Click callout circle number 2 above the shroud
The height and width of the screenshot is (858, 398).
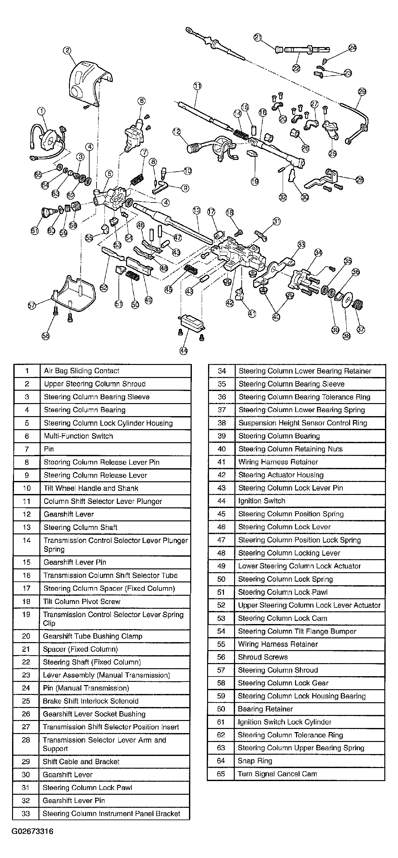67,50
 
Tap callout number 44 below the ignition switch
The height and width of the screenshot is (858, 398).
183,350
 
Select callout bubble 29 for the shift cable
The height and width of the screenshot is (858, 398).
362,92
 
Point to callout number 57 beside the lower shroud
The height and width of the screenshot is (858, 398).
32,305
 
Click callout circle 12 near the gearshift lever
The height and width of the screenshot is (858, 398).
176,132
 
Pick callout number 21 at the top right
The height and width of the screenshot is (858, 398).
258,38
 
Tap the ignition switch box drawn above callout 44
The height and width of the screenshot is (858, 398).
191,322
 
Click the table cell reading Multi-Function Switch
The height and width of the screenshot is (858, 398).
78,436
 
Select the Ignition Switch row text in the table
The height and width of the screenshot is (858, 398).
261,501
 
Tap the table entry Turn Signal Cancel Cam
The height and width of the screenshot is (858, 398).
277,774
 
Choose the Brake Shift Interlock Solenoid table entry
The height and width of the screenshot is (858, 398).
91,701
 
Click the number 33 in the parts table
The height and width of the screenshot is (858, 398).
26,813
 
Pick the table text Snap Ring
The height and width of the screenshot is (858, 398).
255,761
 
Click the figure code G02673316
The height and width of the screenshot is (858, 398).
32,831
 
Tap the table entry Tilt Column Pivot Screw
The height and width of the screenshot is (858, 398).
82,601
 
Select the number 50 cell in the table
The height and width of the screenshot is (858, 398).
221,579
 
